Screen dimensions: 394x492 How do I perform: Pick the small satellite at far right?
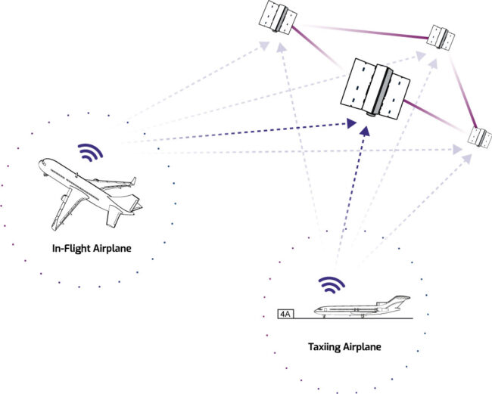478,136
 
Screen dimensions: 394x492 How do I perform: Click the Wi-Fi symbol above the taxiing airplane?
331,284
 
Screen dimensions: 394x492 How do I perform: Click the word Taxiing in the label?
323,347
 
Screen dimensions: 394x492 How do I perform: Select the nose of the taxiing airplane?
317,309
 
